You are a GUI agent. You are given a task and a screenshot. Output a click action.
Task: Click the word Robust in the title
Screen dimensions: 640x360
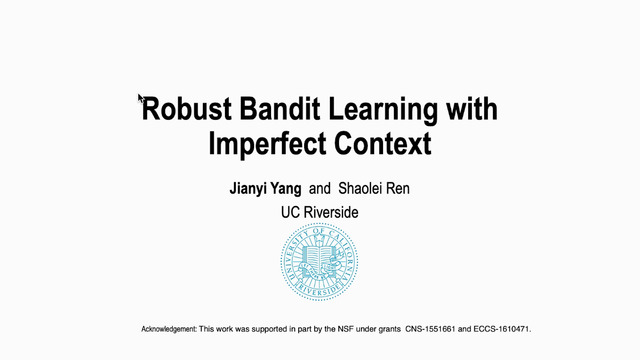pyautogui.click(x=187, y=109)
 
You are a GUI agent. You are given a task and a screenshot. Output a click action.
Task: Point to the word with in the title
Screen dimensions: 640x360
pyautogui.click(x=471, y=108)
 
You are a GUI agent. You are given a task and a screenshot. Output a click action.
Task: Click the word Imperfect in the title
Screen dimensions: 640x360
pyautogui.click(x=267, y=144)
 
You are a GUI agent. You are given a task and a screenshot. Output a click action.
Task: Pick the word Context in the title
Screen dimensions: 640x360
pyautogui.click(x=382, y=143)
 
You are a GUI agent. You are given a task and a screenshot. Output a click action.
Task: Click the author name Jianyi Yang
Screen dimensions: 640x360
pyautogui.click(x=265, y=189)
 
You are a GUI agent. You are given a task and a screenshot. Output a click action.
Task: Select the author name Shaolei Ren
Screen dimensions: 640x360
pyautogui.click(x=374, y=189)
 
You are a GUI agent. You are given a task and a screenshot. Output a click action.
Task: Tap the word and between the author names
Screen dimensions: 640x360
pyautogui.click(x=320, y=189)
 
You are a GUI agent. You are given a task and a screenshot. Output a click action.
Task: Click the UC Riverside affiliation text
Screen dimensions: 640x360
pyautogui.click(x=320, y=212)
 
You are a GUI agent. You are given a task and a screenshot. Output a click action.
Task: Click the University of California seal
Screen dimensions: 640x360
pyautogui.click(x=319, y=262)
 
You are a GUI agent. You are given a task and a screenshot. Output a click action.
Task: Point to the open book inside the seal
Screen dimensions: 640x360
pyautogui.click(x=319, y=255)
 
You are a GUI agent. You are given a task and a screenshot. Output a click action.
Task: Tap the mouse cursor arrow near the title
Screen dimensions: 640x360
pyautogui.click(x=141, y=99)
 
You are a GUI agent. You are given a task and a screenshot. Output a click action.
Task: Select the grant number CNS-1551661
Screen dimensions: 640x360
pyautogui.click(x=430, y=329)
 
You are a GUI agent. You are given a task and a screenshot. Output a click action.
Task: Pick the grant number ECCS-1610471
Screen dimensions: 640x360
pyautogui.click(x=501, y=329)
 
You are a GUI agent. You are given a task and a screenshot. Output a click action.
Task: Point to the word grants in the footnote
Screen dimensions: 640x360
pyautogui.click(x=388, y=329)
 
